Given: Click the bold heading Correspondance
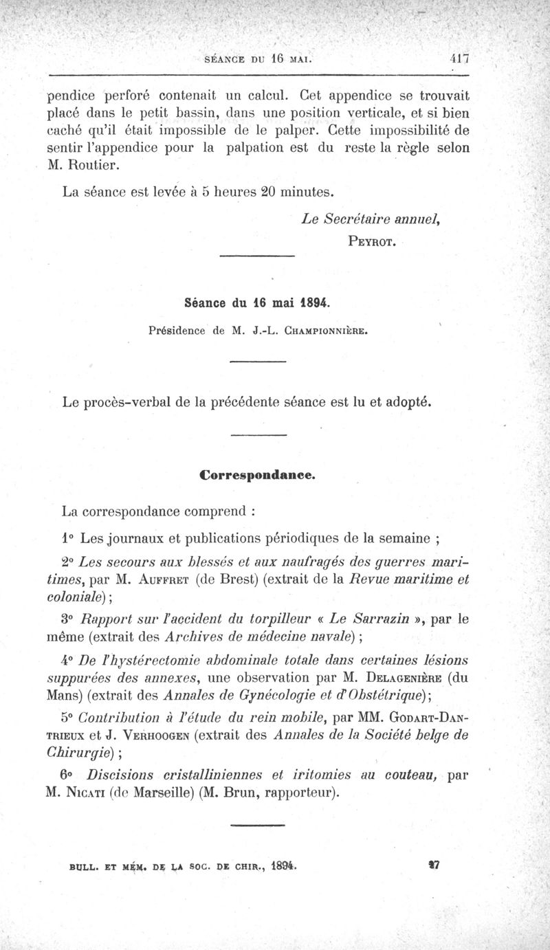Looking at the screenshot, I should pos(257,474).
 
